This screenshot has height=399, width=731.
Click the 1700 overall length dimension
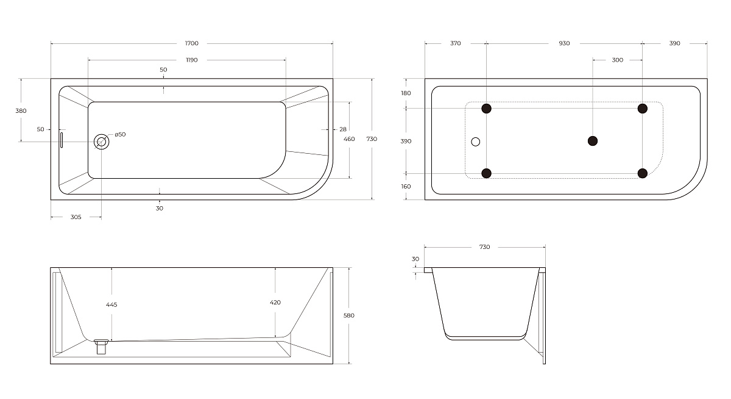[x=191, y=43]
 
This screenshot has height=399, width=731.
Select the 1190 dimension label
[x=191, y=60]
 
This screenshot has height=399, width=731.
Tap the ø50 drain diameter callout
[x=120, y=134]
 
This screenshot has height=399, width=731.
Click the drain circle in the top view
[x=101, y=142]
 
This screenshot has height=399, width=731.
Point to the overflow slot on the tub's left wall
[x=62, y=140]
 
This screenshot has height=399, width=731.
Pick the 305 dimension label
[x=76, y=217]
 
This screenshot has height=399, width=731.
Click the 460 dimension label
[x=349, y=139]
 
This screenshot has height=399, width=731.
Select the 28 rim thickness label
[x=342, y=129]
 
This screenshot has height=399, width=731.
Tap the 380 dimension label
[x=21, y=111]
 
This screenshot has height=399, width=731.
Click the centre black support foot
[x=593, y=141]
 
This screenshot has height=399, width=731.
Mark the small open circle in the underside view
[x=476, y=142]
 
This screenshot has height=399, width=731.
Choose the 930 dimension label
[x=564, y=43]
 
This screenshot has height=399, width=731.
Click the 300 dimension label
[x=618, y=60]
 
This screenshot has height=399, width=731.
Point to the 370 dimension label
[x=455, y=43]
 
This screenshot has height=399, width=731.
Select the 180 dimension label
[x=406, y=93]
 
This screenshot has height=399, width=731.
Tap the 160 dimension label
[x=406, y=186]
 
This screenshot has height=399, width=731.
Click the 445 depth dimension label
[x=111, y=304]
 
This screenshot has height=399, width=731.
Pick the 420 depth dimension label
[x=275, y=302]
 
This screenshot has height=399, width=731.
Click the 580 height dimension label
[x=349, y=315]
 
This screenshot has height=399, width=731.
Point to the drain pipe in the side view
[x=101, y=347]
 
